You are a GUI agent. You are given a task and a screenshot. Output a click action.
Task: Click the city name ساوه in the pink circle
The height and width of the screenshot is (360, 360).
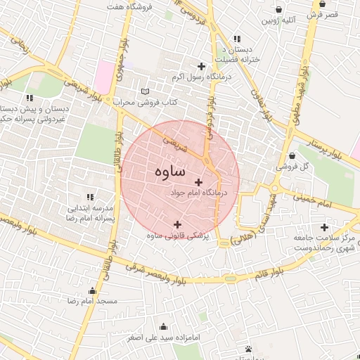pyautogui.click(x=167, y=172)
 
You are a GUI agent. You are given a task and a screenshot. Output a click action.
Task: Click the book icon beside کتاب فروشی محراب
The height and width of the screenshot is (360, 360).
pyautogui.click(x=146, y=91)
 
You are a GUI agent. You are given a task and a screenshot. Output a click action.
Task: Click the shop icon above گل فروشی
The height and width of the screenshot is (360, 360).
pyautogui.click(x=292, y=156)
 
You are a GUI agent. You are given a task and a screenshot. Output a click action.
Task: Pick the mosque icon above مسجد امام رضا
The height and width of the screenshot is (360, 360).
pyautogui.click(x=92, y=291)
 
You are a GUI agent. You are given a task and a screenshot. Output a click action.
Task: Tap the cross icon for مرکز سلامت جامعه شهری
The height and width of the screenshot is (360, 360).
pyautogui.click(x=323, y=227)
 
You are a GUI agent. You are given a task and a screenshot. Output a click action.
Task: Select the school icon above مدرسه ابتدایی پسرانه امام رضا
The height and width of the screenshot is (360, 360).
pyautogui.click(x=89, y=198)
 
